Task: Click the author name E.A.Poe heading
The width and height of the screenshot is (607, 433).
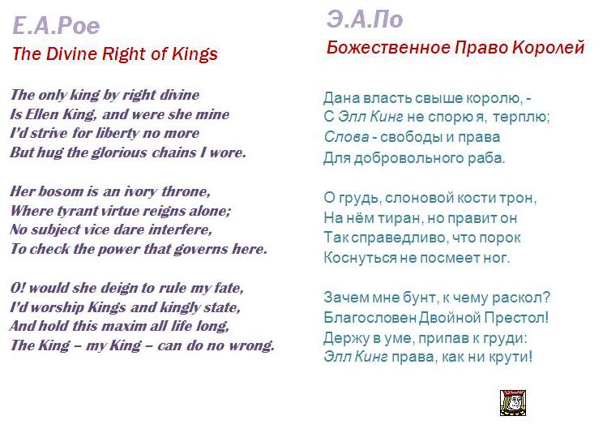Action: tap(56, 26)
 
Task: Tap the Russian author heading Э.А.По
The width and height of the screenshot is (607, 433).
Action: tap(364, 19)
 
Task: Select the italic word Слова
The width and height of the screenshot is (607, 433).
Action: tap(347, 137)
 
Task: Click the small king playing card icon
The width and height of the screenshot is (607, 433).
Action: tap(512, 403)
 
